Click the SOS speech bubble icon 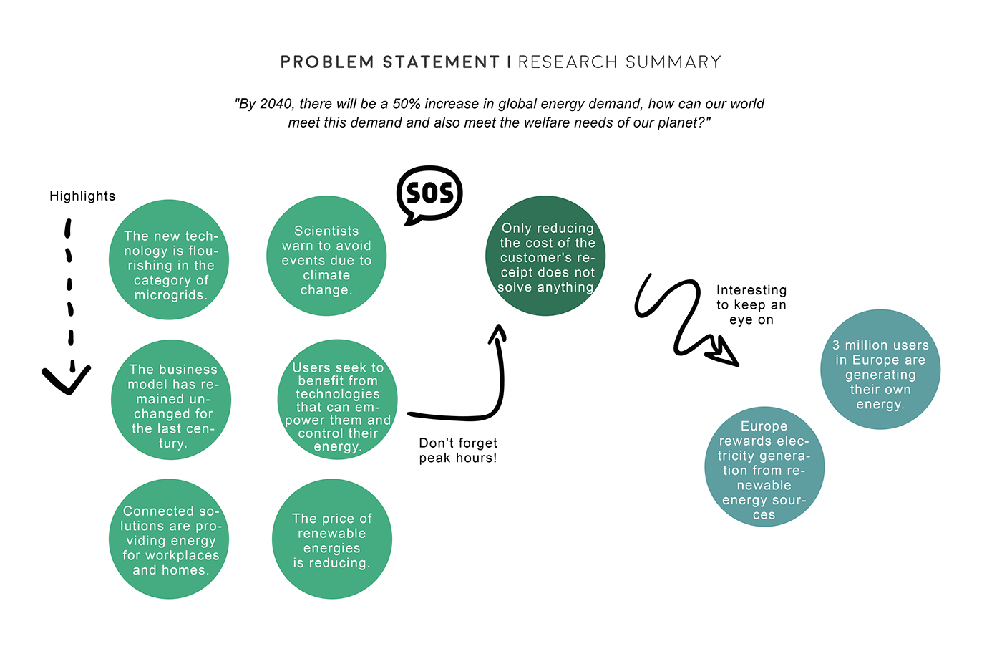point(429,193)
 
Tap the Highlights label point(82,196)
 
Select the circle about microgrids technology point(169,259)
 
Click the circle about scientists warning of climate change point(326,256)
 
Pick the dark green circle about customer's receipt point(545,256)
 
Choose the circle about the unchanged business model point(172,400)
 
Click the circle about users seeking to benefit point(337,400)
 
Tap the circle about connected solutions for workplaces point(169,539)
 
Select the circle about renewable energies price point(332,539)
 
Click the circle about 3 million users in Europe point(880,370)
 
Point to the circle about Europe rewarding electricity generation point(764,467)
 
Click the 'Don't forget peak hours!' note point(458,451)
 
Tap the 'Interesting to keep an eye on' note point(751,304)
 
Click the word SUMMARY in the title point(673,62)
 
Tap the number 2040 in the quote point(276,104)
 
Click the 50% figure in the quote point(407,104)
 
